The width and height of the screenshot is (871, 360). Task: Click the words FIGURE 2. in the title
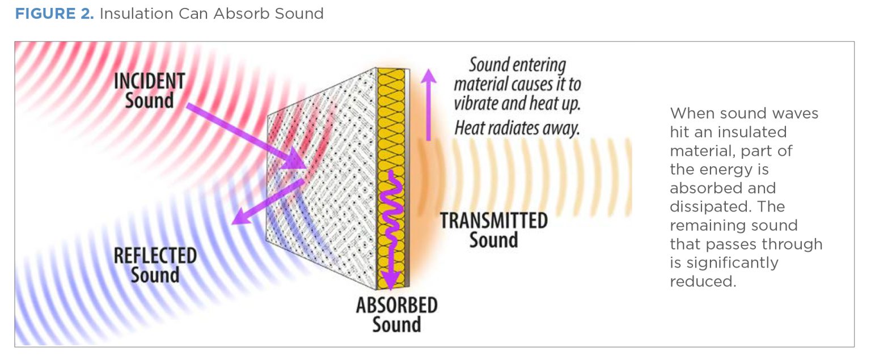(54, 14)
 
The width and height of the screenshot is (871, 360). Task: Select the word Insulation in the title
(136, 14)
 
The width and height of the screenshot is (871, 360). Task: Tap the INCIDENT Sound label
(149, 91)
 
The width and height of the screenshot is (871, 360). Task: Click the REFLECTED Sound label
(155, 265)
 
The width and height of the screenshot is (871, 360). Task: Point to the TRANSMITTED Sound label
(494, 230)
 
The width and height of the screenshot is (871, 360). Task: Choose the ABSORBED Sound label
(396, 315)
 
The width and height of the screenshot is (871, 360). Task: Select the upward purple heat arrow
(429, 104)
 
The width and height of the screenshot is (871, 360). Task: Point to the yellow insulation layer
(391, 179)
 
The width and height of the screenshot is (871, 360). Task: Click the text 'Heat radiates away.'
(517, 128)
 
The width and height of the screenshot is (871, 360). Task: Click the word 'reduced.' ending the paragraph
(703, 281)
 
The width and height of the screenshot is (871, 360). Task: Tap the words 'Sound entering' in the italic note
(517, 65)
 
